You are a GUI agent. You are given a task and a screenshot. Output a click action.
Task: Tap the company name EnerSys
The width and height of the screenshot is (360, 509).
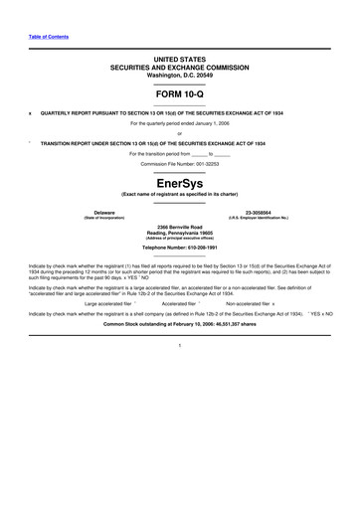click(180, 184)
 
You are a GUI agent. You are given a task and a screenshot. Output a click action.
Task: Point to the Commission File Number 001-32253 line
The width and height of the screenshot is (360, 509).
click(180, 163)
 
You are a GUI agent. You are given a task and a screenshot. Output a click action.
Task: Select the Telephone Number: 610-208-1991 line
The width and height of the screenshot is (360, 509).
click(180, 247)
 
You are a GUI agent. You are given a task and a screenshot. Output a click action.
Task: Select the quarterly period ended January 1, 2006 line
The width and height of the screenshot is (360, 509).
click(180, 123)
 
